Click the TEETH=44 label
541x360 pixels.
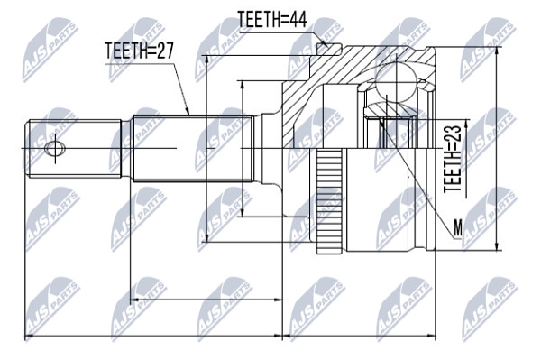(272, 19)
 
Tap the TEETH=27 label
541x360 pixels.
(139, 51)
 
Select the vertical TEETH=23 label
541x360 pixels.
(453, 159)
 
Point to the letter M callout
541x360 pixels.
(457, 227)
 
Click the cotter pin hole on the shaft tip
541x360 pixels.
(55, 149)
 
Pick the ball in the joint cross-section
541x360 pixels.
(396, 82)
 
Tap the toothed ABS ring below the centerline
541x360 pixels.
(330, 201)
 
